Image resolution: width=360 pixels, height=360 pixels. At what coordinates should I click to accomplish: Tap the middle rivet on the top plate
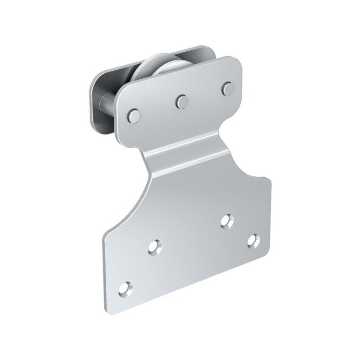(x=182, y=101)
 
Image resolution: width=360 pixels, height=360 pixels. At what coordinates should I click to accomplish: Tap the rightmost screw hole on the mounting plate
(x=253, y=239)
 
